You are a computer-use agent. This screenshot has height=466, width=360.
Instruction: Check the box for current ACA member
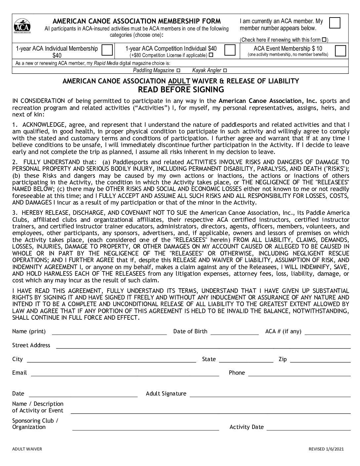[x=335, y=23]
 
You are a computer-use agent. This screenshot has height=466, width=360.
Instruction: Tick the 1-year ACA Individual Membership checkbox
[x=107, y=50]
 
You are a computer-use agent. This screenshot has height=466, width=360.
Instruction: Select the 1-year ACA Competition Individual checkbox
[x=230, y=50]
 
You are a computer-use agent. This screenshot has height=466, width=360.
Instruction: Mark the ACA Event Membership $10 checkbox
[x=340, y=51]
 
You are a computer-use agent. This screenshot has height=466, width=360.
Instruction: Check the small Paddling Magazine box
[x=179, y=70]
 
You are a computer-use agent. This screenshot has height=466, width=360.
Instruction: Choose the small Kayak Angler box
[x=225, y=70]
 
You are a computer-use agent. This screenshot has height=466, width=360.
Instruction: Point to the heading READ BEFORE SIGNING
[x=181, y=90]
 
